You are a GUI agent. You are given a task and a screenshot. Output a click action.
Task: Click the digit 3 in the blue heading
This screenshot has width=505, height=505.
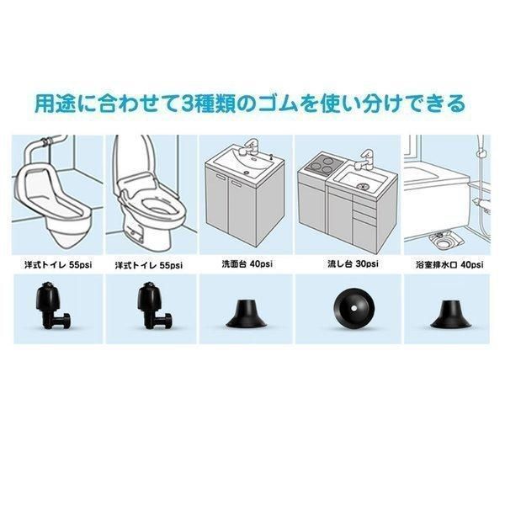pyautogui.click(x=189, y=103)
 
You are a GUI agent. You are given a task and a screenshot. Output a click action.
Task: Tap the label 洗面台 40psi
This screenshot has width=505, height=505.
pyautogui.click(x=247, y=264)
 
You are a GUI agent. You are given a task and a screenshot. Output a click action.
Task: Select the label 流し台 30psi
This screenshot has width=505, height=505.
pyautogui.click(x=353, y=264)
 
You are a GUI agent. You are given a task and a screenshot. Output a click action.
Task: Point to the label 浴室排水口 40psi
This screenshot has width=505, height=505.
pyautogui.click(x=449, y=265)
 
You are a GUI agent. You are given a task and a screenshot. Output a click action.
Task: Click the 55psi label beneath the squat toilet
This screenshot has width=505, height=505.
pyautogui.click(x=80, y=265)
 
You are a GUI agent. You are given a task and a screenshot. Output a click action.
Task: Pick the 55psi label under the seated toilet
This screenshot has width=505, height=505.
pyautogui.click(x=171, y=265)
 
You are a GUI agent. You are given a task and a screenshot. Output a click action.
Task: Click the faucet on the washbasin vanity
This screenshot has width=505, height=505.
pyautogui.click(x=251, y=146)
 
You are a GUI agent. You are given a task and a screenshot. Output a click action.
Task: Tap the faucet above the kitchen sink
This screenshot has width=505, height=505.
pyautogui.click(x=364, y=159)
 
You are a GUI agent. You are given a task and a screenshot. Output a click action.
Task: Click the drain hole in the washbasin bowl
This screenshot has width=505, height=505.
pyautogui.click(x=247, y=173)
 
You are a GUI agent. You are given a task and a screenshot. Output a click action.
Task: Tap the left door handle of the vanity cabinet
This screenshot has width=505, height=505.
pyautogui.click(x=221, y=177)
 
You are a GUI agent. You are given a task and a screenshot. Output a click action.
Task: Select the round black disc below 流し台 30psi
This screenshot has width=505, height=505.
pyautogui.click(x=354, y=309)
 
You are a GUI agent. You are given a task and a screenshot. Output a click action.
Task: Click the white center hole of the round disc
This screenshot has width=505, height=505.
pyautogui.click(x=354, y=309)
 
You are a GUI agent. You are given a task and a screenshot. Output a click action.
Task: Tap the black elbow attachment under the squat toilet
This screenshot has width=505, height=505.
pyautogui.click(x=52, y=306)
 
